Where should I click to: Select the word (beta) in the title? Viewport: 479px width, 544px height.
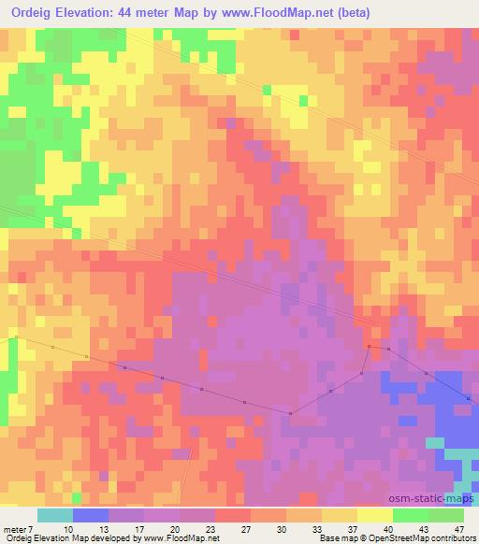coord(352,13)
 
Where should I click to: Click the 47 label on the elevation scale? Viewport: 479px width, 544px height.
coord(458,528)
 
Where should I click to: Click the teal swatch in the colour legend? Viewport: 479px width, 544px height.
coord(55,515)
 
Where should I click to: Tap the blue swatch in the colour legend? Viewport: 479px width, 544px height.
coord(91,515)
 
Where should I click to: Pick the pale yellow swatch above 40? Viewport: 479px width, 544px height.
coord(374,515)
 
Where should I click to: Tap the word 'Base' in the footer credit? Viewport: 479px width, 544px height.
coord(327,539)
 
